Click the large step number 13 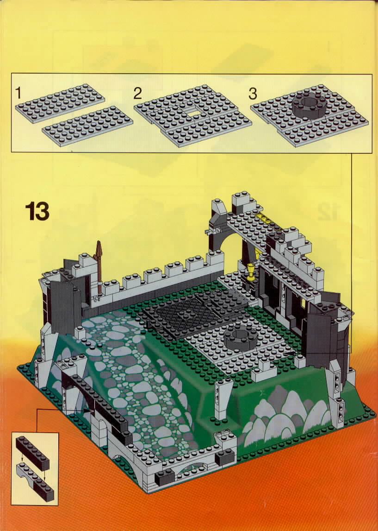pos(37,211)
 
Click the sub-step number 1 pos(18,93)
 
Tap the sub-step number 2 pos(137,93)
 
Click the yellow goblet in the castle pos(251,272)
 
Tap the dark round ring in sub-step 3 pos(309,105)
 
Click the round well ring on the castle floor pos(240,338)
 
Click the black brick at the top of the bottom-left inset pos(32,453)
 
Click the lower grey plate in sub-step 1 pos(87,126)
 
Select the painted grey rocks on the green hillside pos(284,417)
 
